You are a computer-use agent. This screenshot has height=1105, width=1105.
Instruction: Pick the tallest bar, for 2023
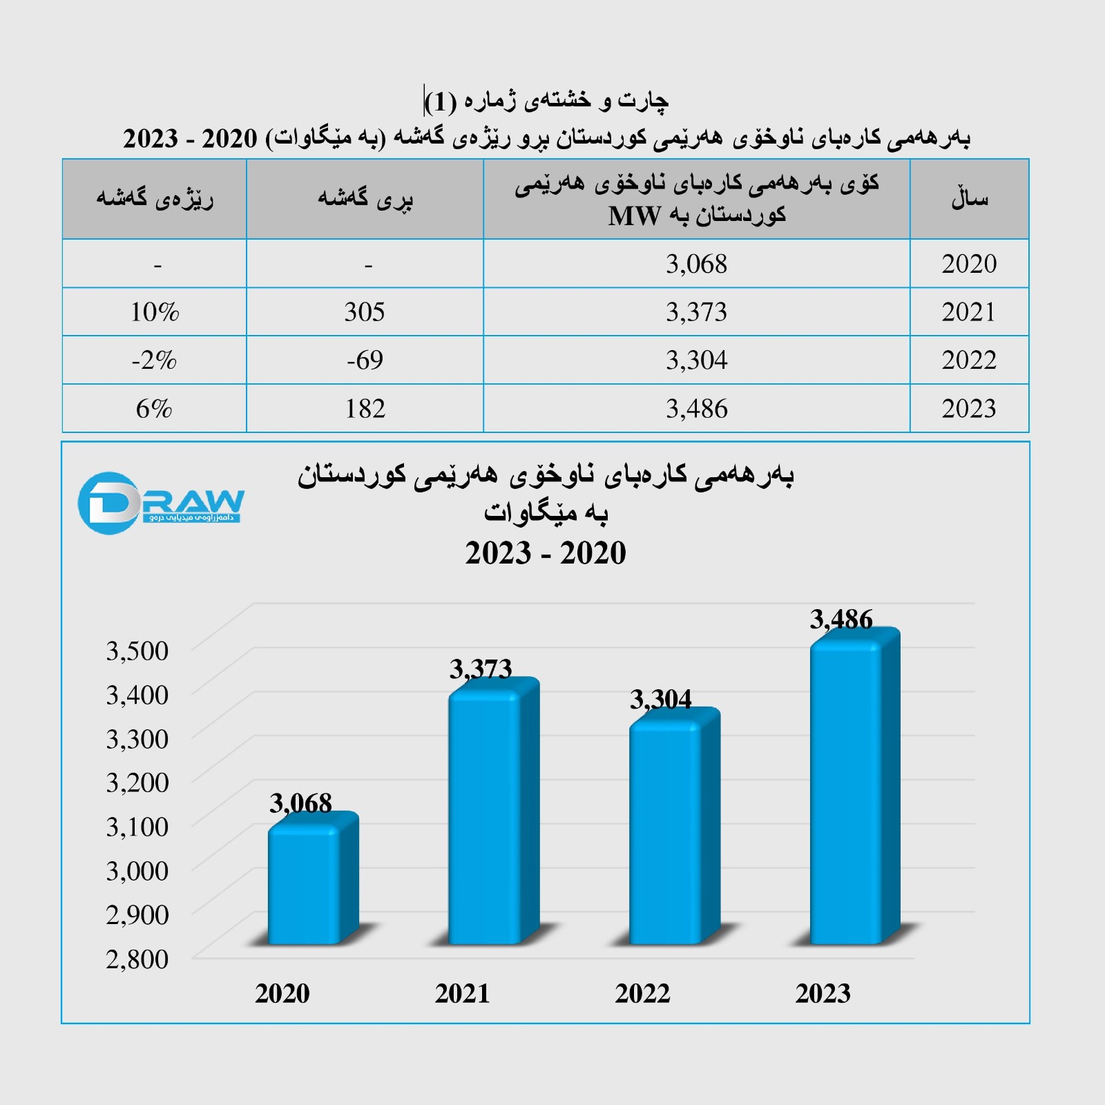coord(847,794)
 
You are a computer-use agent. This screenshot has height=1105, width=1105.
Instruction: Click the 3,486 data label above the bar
coord(841,619)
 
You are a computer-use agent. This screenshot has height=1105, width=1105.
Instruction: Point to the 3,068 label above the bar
coord(300,803)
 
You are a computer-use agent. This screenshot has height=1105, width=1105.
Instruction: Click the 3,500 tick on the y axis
coord(137,651)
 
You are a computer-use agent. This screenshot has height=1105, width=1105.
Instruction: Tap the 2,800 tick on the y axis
coord(137,959)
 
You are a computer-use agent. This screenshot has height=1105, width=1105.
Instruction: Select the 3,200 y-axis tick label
coord(137,782)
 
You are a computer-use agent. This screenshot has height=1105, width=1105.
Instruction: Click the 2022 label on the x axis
coord(642,993)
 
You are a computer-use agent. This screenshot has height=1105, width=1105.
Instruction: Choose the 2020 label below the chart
coord(282,993)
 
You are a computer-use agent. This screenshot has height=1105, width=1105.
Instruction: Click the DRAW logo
coord(161,503)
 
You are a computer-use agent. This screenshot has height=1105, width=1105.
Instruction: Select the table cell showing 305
coord(365,312)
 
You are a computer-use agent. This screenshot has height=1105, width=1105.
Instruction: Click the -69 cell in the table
coord(365,360)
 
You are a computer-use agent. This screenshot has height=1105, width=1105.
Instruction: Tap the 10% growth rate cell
coord(155,312)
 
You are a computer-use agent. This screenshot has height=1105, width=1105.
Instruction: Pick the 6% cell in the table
coord(154,409)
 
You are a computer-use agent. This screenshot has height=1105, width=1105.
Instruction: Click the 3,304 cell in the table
coord(696,360)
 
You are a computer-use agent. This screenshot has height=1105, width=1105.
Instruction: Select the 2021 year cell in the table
coord(968,312)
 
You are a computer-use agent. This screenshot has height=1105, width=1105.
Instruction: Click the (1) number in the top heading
coord(441,102)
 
